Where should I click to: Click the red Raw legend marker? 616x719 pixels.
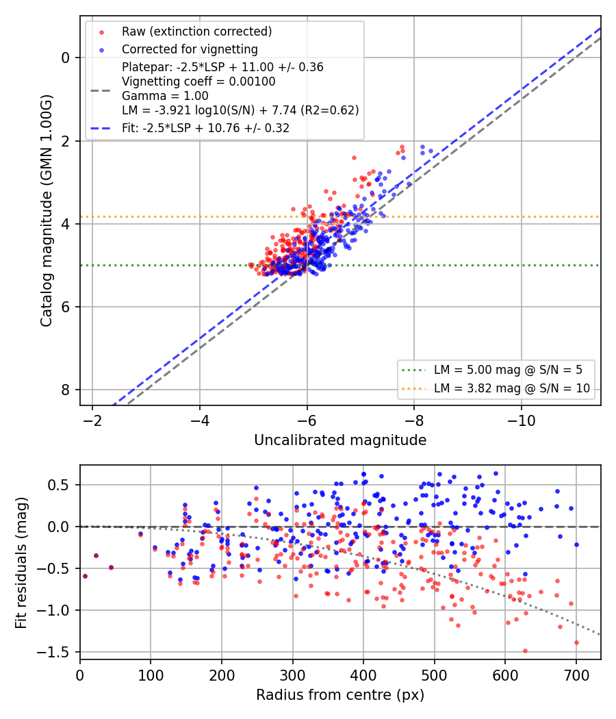[x=102, y=32]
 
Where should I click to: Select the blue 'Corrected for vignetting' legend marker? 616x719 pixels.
[x=102, y=49]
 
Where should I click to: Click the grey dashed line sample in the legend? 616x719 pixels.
[x=101, y=91]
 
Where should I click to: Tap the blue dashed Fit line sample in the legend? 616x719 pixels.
[x=101, y=129]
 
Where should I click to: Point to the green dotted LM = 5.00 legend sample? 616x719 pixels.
[x=414, y=370]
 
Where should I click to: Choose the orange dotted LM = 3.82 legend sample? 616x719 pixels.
[x=414, y=388]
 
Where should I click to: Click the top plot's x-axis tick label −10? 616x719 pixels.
[x=521, y=420]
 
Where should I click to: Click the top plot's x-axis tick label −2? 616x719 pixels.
[x=92, y=420]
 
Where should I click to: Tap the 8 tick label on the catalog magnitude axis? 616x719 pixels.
[x=66, y=390]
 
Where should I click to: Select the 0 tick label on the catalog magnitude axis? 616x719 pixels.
[x=66, y=58]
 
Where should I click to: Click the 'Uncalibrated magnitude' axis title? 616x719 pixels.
[x=340, y=440]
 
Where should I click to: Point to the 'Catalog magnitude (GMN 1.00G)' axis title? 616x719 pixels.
[x=47, y=211]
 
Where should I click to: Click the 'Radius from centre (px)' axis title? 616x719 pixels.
[x=340, y=695]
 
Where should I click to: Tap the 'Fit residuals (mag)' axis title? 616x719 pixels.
[x=21, y=563]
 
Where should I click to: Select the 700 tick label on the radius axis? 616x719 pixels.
[x=576, y=675]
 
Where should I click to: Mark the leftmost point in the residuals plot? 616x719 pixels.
[x=85, y=577]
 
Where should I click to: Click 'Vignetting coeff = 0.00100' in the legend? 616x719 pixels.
[x=198, y=81]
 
